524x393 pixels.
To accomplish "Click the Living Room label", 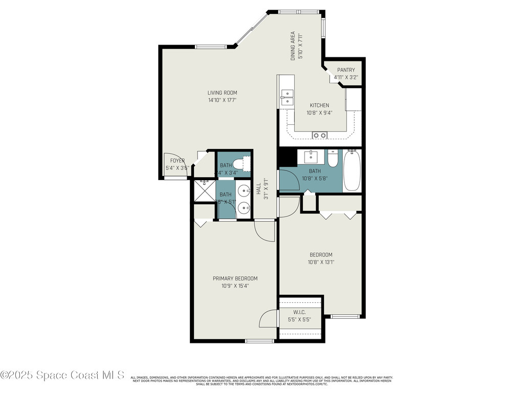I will click(x=222, y=93).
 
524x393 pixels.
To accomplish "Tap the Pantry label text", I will click(x=346, y=70).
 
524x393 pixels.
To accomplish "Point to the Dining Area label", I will click(x=293, y=46).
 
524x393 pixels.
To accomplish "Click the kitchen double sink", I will click(x=287, y=97).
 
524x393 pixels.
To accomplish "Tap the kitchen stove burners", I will click(x=320, y=135).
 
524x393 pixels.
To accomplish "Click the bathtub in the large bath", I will click(x=352, y=170).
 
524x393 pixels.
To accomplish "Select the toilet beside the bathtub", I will click(x=333, y=159).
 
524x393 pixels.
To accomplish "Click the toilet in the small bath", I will click(x=238, y=164).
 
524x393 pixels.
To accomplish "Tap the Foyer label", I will click(x=174, y=161).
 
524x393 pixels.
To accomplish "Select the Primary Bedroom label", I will click(x=235, y=278).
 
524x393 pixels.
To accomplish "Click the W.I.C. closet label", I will click(x=299, y=312).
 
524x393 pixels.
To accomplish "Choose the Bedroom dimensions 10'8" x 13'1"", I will click(x=321, y=262).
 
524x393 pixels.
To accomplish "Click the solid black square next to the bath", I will click(x=287, y=157).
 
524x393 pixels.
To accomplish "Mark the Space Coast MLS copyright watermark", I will click(x=62, y=375).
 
